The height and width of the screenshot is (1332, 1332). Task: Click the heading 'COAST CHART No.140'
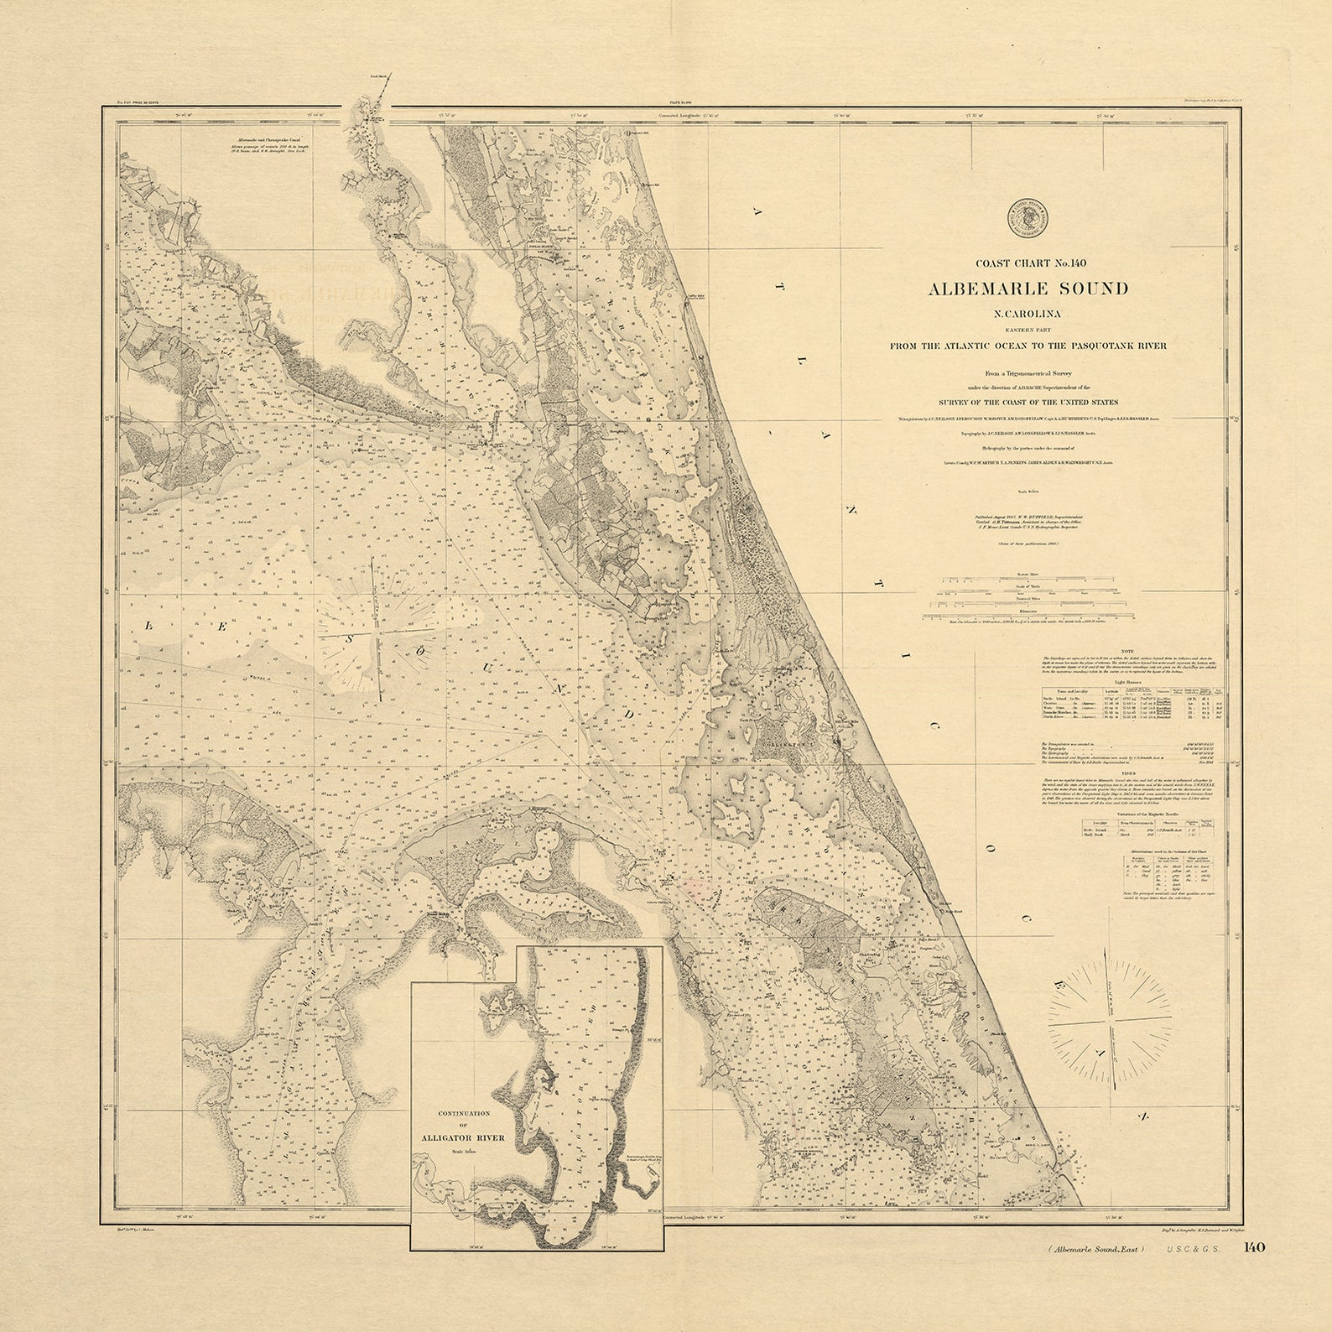pos(1028,263)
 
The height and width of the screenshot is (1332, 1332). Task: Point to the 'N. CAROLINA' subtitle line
pos(1028,315)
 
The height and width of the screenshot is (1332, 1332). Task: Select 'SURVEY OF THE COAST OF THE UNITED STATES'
pos(1028,403)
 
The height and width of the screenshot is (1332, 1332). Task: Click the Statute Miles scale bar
pos(1028,580)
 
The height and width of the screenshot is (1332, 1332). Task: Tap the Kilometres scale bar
pos(1028,617)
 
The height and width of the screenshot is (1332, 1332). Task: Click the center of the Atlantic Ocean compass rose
pos(1110,1025)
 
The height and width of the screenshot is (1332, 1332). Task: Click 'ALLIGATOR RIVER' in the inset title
pos(463,1138)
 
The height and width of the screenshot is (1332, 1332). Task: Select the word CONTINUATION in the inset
pos(463,1113)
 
